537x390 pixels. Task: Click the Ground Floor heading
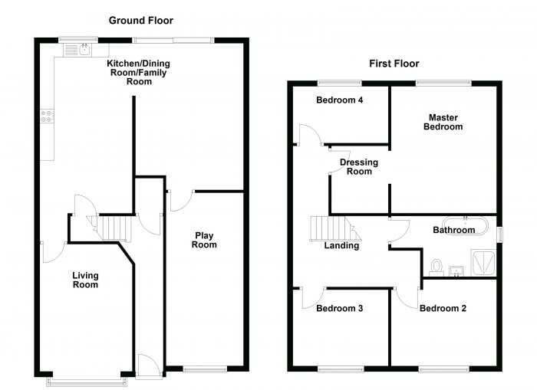(140, 21)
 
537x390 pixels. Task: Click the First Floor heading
(394, 64)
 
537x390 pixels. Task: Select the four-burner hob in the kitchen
(47, 116)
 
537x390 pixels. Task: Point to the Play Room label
(204, 240)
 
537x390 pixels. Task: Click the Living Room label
(85, 280)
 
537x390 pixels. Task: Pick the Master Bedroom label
(443, 122)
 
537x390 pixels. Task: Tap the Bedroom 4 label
(339, 100)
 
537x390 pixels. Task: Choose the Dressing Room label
(359, 166)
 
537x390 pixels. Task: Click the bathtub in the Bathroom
(466, 225)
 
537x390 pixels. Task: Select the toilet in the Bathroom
(436, 267)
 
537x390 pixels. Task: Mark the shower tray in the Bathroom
(483, 262)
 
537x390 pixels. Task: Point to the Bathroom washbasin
(456, 271)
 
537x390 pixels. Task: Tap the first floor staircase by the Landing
(336, 228)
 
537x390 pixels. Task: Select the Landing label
(341, 246)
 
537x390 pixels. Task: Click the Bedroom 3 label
(339, 308)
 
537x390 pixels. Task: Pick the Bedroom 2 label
(443, 308)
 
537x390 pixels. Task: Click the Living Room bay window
(87, 382)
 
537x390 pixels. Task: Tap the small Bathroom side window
(500, 235)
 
